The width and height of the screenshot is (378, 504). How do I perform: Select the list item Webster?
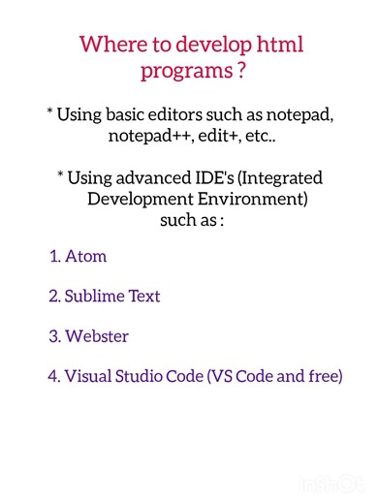click(x=96, y=336)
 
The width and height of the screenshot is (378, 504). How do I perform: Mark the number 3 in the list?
click(x=53, y=336)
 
